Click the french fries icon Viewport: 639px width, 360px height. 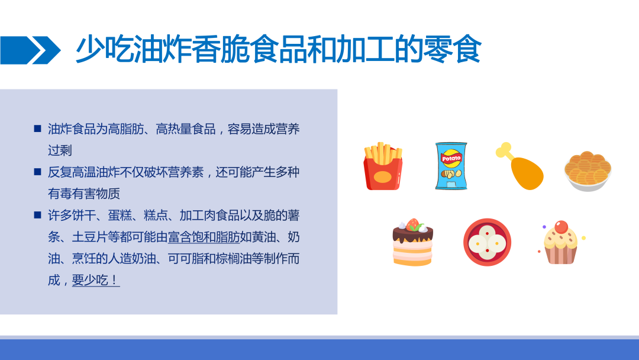pos(383,166)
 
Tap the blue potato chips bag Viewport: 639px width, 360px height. pos(451,166)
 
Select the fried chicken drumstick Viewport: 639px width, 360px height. pos(520,166)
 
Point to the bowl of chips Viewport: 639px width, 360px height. pos(588,171)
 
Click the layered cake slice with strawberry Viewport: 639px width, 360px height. pos(412,242)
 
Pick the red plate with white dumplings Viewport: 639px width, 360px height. pos(487,242)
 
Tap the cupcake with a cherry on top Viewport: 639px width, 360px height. pos(561,243)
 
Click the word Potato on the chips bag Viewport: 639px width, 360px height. pos(451,158)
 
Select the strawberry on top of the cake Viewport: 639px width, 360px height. pos(413,224)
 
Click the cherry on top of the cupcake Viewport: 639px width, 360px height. pos(561,226)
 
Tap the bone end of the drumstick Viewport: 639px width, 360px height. pos(503,150)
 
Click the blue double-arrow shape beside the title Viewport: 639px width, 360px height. pos(31,50)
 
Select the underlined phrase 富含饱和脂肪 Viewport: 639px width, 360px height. pos(204,237)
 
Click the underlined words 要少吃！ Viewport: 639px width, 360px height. pos(96,280)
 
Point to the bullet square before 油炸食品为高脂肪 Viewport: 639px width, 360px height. pos(37,128)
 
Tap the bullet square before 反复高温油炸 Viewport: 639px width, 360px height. pos(37,172)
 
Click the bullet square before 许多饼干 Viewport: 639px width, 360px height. pos(37,215)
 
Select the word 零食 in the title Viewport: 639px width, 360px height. pos(453,49)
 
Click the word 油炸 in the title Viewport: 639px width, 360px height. pos(147,49)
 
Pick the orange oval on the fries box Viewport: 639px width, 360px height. pos(383,178)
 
